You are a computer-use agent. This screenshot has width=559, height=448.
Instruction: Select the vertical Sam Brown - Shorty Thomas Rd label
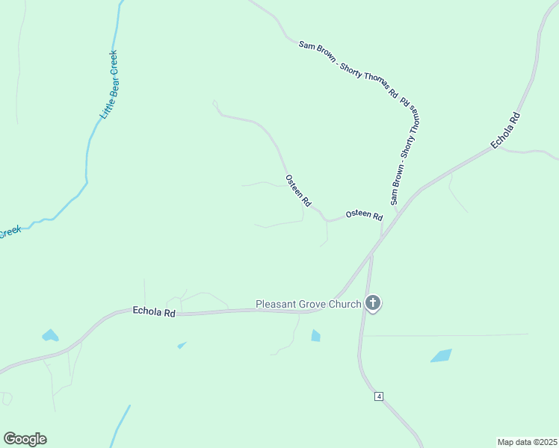404,152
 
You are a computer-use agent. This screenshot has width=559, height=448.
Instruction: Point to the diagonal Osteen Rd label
297,191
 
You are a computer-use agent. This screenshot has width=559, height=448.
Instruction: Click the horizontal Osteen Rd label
364,216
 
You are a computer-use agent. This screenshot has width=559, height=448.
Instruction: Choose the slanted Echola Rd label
504,131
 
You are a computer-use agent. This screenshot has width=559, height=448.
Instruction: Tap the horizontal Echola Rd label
153,312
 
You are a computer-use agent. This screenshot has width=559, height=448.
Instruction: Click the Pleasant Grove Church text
308,304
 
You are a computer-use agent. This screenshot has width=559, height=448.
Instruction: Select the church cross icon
373,303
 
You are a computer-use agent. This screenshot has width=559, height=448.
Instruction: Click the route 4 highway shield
380,396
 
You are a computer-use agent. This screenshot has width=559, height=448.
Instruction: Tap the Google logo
25,439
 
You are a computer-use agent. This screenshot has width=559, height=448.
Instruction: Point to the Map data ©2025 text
527,441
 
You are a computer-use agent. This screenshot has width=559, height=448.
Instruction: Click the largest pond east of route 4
441,355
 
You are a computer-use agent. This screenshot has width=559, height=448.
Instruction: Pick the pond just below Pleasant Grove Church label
315,335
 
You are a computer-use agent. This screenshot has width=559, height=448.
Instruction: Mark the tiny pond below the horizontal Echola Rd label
182,345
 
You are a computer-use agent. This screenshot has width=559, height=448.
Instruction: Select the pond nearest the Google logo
50,335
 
